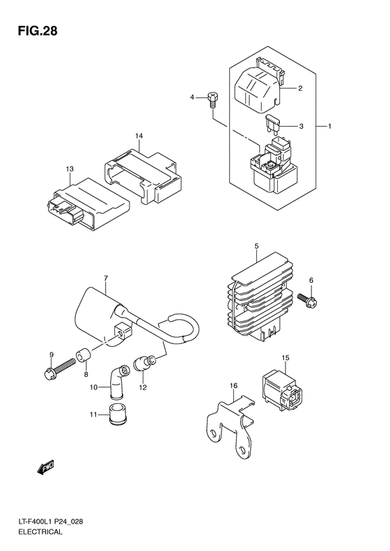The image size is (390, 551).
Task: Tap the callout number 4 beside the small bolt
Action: [x=193, y=98]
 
